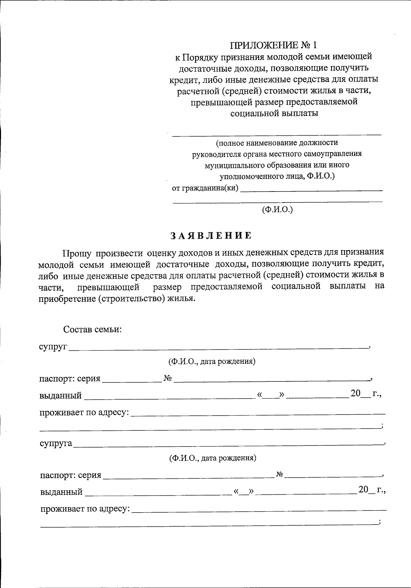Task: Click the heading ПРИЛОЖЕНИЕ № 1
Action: point(274,45)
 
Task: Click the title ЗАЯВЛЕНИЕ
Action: point(211,235)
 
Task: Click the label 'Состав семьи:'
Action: point(92,330)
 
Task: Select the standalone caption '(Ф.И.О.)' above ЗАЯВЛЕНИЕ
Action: point(277,209)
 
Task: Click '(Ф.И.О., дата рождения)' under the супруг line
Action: point(212,362)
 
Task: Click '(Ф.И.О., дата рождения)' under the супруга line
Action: point(213,458)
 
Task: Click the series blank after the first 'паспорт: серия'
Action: point(132,380)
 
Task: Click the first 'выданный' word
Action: point(60,396)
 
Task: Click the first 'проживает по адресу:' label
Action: point(84,413)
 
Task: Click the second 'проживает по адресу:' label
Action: point(85,509)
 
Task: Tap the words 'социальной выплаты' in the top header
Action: point(274,113)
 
